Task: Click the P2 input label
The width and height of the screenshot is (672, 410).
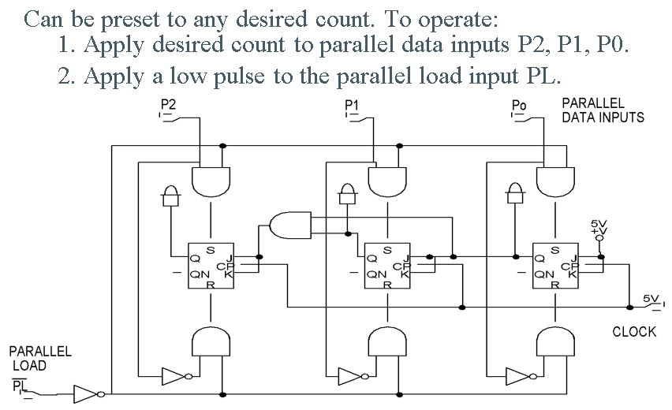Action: click(x=168, y=105)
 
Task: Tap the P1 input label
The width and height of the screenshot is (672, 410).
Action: click(x=352, y=105)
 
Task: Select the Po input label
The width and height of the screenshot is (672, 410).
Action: click(x=519, y=106)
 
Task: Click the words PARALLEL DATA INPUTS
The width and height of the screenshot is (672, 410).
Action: click(x=603, y=110)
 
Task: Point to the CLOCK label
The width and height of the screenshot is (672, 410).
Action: click(x=634, y=332)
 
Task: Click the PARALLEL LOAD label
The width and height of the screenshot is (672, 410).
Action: click(x=40, y=358)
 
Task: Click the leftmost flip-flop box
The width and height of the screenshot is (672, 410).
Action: click(x=211, y=266)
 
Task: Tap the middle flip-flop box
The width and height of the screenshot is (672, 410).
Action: click(x=387, y=266)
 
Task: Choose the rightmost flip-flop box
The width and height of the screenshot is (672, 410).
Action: click(x=555, y=266)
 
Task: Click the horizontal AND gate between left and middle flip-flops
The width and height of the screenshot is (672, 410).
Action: click(x=290, y=225)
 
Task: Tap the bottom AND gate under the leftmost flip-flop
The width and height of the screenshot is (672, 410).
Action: click(x=211, y=341)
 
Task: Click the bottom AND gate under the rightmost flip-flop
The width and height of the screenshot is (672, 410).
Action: click(x=555, y=341)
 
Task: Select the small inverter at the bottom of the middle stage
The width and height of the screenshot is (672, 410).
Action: click(x=353, y=377)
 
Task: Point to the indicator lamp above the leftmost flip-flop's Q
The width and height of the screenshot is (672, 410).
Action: click(x=171, y=196)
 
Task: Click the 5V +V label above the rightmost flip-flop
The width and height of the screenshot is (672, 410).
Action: click(x=599, y=228)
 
